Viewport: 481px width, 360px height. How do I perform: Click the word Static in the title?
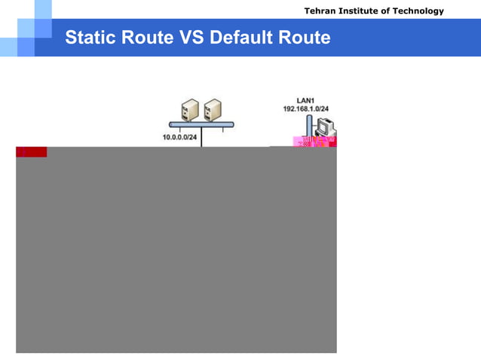point(87,38)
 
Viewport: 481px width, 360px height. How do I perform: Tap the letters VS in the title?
point(192,38)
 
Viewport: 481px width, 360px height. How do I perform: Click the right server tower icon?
point(212,110)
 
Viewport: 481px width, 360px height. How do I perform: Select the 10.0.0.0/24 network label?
point(179,137)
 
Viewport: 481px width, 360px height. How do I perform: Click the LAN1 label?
point(305,100)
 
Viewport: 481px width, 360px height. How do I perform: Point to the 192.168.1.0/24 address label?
point(305,109)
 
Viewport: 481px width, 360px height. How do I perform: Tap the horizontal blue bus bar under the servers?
point(201,124)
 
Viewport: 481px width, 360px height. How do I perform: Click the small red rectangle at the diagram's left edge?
point(32,152)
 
